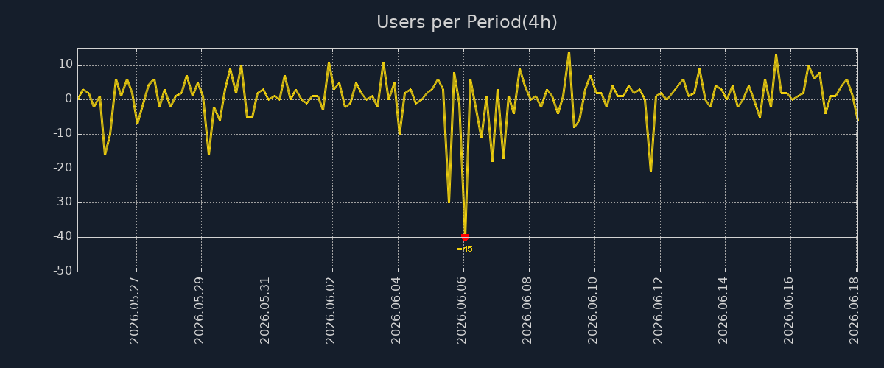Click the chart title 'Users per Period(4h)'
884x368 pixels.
pos(467,22)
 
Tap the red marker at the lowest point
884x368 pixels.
pos(465,237)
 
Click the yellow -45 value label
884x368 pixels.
pos(465,249)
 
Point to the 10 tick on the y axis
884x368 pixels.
pos(66,64)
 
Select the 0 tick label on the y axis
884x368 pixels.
pos(69,99)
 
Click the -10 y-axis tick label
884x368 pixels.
pos(63,133)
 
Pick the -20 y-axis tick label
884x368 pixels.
pos(63,168)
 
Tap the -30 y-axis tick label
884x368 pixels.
pos(63,202)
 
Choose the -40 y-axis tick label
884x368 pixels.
pos(63,237)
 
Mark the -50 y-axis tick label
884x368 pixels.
pos(63,271)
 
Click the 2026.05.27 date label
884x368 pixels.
pos(134,311)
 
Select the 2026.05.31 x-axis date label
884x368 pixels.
pos(264,311)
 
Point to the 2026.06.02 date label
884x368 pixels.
pos(330,311)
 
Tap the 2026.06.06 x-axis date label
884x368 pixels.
pos(461,311)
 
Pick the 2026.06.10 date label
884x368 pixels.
pos(592,311)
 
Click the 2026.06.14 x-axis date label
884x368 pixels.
pos(723,311)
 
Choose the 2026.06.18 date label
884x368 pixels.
pos(854,311)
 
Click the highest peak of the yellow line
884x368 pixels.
pos(569,52)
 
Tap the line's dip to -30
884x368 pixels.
pos(449,202)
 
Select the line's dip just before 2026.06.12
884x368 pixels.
pos(650,171)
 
